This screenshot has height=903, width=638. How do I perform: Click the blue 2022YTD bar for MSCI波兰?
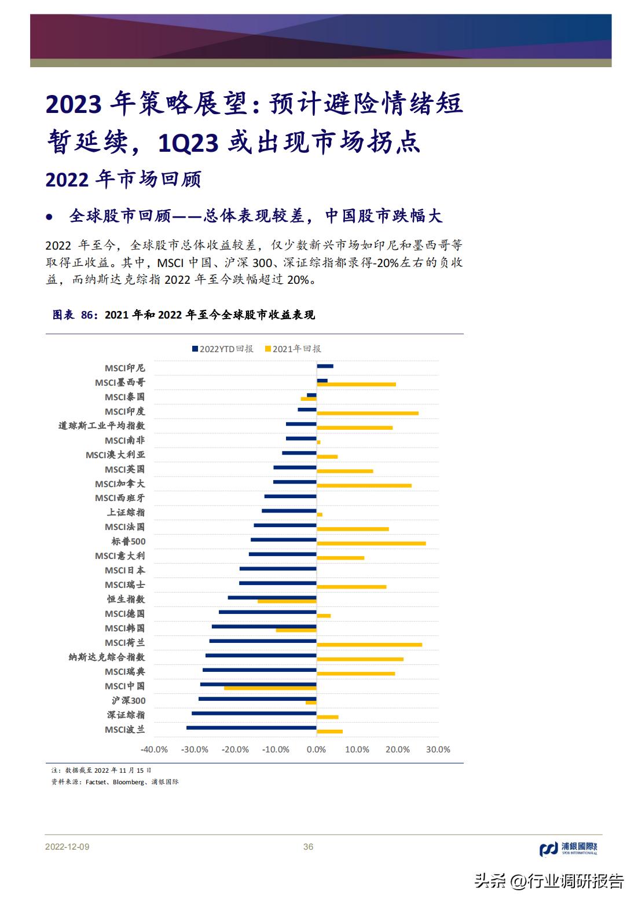(251, 727)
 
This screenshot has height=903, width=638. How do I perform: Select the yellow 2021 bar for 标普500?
(371, 543)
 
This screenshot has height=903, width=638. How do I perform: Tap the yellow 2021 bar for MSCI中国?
(270, 688)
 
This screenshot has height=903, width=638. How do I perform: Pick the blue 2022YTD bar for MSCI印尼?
(325, 366)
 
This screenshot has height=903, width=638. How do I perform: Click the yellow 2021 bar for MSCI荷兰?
(369, 645)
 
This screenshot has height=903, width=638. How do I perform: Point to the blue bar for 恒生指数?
(272, 597)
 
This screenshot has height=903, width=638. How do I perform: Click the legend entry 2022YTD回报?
(223, 349)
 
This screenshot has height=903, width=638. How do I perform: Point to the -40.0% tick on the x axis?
(154, 750)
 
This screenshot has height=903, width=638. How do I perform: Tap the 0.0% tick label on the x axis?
(316, 750)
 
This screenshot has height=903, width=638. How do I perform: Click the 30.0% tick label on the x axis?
(438, 750)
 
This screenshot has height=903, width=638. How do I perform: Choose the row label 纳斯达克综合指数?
(107, 657)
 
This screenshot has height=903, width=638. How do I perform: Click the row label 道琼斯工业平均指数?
(101, 426)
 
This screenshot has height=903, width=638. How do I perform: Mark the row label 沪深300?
(129, 701)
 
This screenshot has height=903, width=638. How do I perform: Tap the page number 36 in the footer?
(308, 847)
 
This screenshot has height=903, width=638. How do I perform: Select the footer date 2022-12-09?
(67, 847)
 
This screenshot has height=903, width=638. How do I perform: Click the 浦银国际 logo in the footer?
(568, 849)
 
